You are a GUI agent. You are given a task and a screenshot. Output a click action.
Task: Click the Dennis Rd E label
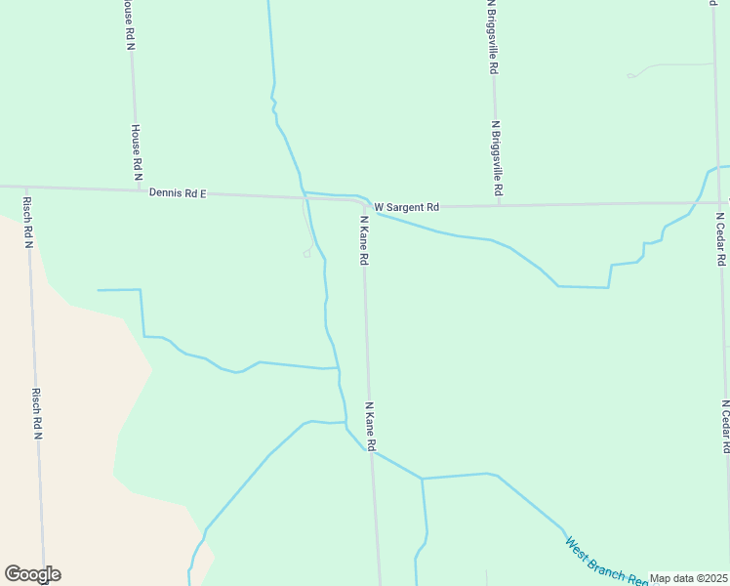coord(178,193)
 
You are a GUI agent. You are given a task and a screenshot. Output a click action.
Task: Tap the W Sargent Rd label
coord(407,207)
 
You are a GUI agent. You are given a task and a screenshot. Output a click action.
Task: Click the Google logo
coord(32,574)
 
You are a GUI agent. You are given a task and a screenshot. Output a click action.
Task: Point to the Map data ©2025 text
coord(689,578)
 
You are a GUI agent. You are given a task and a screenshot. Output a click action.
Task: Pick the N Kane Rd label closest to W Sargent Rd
coord(364,240)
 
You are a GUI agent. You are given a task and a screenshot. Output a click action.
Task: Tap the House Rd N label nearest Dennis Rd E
coord(137,151)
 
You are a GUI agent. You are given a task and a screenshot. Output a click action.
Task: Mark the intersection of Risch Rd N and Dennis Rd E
coord(26,187)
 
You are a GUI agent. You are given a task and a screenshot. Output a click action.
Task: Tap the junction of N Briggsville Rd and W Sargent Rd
coord(498,205)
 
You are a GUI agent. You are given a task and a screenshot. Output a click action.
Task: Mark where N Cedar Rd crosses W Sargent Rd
coord(718,203)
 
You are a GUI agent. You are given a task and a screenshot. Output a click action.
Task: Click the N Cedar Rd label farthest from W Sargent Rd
coord(726,426)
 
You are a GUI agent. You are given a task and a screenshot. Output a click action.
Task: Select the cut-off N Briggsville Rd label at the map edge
coord(494,37)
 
